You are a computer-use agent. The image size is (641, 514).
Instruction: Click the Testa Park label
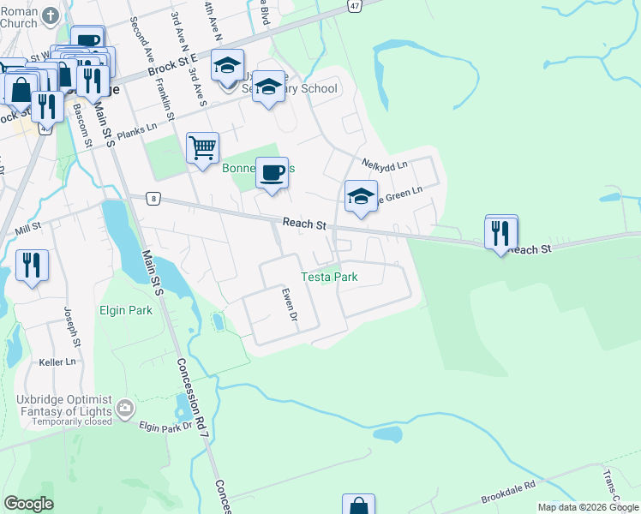pyautogui.click(x=329, y=277)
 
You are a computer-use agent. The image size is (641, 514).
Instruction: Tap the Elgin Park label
pyautogui.click(x=126, y=310)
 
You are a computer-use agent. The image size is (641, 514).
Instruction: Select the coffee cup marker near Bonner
pyautogui.click(x=272, y=173)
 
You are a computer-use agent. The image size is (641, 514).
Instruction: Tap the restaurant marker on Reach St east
pyautogui.click(x=501, y=231)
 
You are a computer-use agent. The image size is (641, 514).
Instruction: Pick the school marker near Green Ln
pyautogui.click(x=361, y=197)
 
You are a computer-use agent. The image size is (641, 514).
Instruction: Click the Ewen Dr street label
pyautogui.click(x=290, y=304)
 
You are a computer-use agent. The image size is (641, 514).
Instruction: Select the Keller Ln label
pyautogui.click(x=57, y=362)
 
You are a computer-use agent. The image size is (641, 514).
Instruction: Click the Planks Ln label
pyautogui.click(x=138, y=130)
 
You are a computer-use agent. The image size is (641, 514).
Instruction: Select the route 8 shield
pyautogui.click(x=153, y=198)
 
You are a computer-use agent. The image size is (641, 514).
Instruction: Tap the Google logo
pyautogui.click(x=28, y=504)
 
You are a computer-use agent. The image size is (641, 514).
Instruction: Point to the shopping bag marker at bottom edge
pyautogui.click(x=358, y=505)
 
